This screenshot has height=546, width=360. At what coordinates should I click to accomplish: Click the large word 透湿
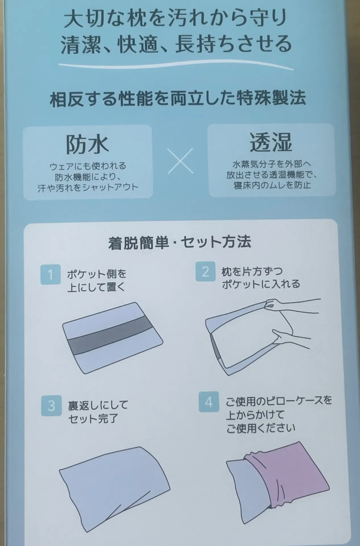pyautogui.click(x=271, y=143)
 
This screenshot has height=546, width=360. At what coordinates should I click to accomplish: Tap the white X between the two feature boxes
pyautogui.click(x=181, y=161)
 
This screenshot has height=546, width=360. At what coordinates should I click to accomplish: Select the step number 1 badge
pyautogui.click(x=51, y=274)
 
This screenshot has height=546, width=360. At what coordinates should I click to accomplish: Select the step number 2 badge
pyautogui.click(x=205, y=272)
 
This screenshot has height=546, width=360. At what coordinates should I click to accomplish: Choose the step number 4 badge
pyautogui.click(x=209, y=402)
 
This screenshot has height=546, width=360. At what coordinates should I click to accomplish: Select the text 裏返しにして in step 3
pyautogui.click(x=98, y=405)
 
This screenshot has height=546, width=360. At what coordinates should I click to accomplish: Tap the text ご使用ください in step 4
pyautogui.click(x=261, y=428)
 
